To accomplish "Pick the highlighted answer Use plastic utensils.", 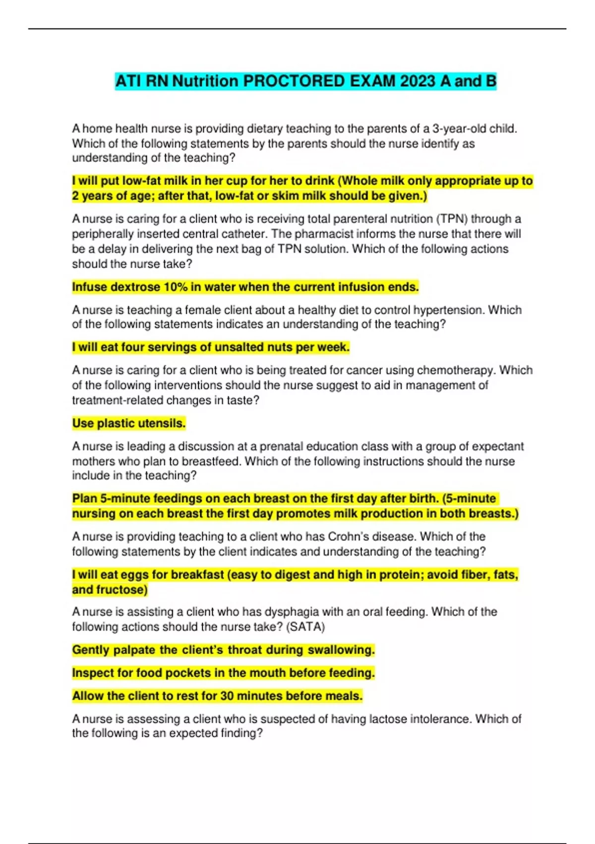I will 129,423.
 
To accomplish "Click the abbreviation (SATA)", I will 305,627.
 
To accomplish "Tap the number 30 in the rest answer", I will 227,696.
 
